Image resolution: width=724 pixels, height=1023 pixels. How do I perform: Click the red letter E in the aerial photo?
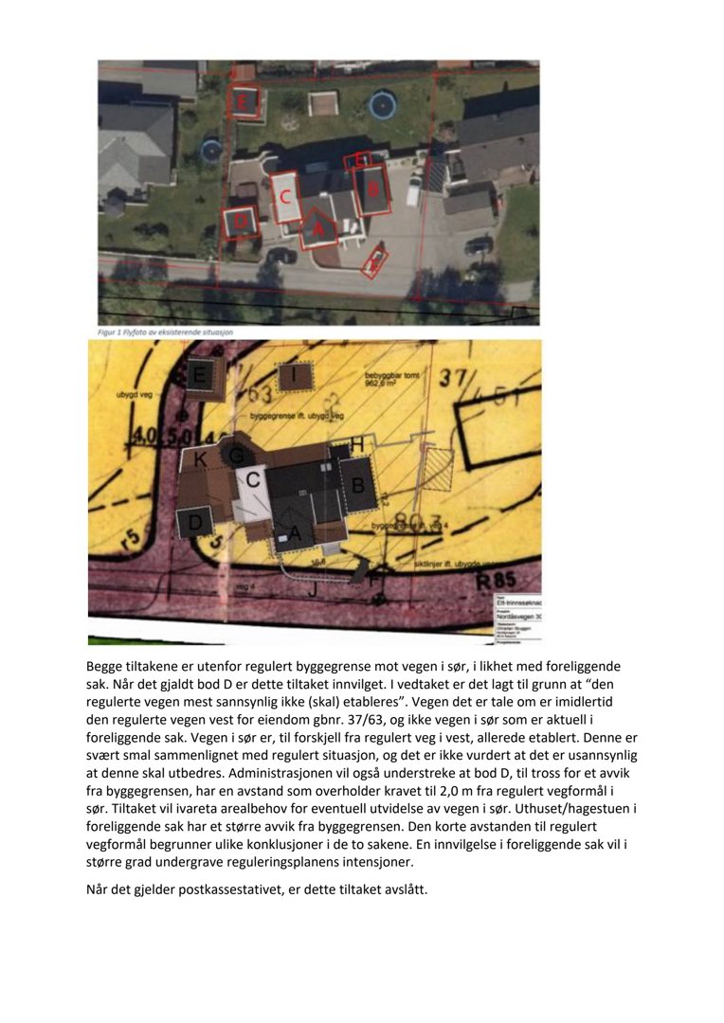pos(245,99)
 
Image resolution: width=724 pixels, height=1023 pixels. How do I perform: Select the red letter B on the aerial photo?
pos(373,189)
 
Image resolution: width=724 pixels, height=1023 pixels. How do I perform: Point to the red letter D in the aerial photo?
pos(242,222)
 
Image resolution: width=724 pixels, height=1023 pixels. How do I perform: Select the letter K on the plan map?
pos(200,459)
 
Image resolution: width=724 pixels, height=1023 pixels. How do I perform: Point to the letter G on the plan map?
pos(236,455)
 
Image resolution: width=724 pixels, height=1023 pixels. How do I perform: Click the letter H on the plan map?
pos(357,443)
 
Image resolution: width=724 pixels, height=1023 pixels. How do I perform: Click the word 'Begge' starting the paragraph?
pos(107,667)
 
